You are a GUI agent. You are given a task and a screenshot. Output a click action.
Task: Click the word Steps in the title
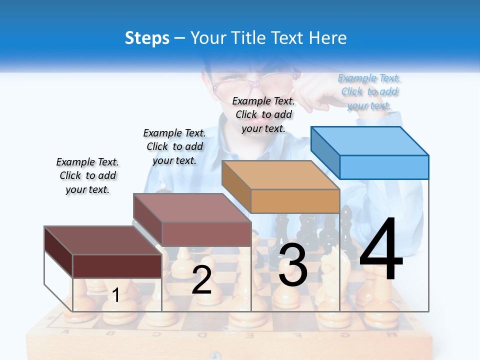[147, 38]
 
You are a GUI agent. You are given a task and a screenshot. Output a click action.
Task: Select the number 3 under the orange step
[293, 265]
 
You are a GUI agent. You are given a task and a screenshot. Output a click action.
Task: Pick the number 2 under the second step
[201, 280]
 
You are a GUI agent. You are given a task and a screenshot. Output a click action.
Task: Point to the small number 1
[116, 295]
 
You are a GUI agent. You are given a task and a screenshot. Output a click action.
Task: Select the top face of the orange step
[280, 175]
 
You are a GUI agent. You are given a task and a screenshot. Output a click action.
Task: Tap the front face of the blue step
[384, 167]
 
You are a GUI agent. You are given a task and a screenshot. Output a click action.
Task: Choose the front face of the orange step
[295, 201]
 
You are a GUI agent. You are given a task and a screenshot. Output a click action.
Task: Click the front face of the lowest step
[117, 266]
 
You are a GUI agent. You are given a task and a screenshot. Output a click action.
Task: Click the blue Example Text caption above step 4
[369, 92]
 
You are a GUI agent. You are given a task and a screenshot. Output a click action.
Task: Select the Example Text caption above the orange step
[263, 114]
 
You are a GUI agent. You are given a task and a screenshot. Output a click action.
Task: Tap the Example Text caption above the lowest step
[87, 175]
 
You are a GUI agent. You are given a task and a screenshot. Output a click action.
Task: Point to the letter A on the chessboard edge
[64, 332]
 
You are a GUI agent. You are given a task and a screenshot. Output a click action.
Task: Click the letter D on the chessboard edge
[202, 334]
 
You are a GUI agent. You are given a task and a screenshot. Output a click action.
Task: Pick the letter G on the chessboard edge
[346, 333]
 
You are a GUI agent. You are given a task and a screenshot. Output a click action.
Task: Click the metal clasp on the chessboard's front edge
[215, 355]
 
